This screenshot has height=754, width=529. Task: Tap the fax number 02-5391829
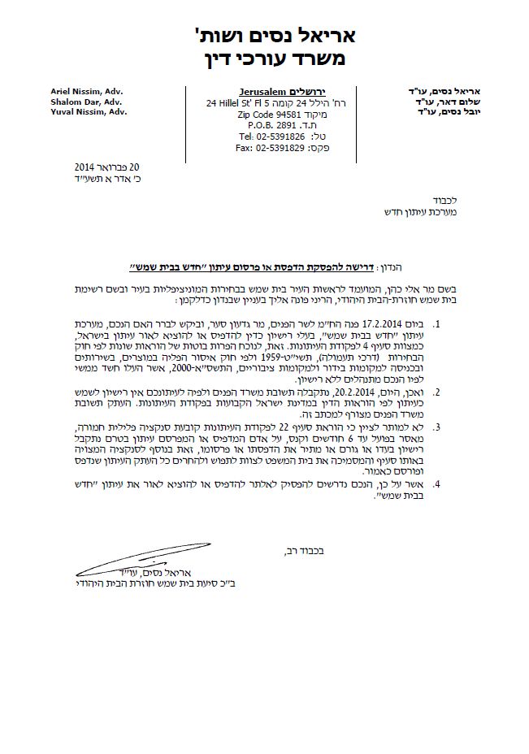[260, 148]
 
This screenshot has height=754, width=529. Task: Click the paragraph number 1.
[436, 324]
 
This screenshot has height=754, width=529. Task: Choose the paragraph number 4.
[436, 484]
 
